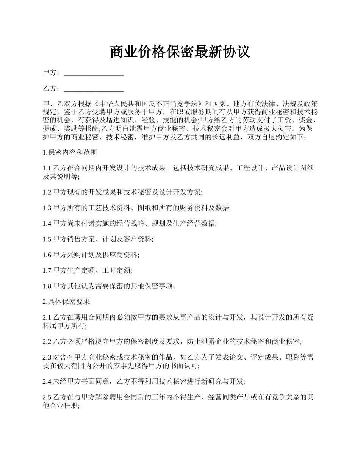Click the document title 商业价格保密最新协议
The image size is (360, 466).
pos(180,52)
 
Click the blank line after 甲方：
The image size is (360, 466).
pos(94,73)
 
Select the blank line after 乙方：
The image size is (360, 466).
pos(94,89)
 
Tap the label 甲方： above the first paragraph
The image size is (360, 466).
pos(52,73)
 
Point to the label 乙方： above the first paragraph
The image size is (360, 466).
pos(52,89)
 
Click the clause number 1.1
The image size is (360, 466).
pos(47,168)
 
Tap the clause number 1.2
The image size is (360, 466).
pos(47,192)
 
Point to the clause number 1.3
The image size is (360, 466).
pos(47,208)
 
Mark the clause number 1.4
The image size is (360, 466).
pos(47,224)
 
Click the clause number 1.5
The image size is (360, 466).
pos(47,239)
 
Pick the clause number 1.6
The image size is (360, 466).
pos(47,255)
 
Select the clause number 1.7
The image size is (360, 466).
pos(47,271)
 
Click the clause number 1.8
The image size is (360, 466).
pos(47,286)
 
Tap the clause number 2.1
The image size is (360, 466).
pos(47,317)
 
